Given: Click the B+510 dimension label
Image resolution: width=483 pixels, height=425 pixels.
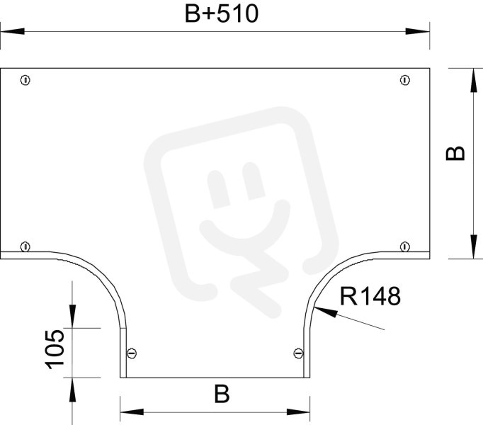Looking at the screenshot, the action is pyautogui.click(x=222, y=14).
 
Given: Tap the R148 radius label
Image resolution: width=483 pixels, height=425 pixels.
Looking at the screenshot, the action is pyautogui.click(x=370, y=296).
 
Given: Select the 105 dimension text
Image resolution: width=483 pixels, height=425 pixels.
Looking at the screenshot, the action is pyautogui.click(x=55, y=349).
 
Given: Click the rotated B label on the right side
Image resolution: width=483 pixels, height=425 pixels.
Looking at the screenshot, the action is pyautogui.click(x=455, y=153).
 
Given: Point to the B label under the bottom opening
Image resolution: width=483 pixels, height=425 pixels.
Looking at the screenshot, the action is pyautogui.click(x=222, y=394).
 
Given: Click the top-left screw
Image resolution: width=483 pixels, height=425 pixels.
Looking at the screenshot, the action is pyautogui.click(x=25, y=81).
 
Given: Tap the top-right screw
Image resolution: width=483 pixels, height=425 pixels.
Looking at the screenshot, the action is pyautogui.click(x=405, y=81).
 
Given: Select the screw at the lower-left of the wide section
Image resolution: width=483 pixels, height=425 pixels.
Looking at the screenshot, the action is pyautogui.click(x=25, y=247).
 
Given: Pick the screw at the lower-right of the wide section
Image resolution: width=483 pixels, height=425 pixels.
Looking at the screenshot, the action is pyautogui.click(x=405, y=247).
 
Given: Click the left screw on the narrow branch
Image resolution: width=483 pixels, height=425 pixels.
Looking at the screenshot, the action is pyautogui.click(x=132, y=353).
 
